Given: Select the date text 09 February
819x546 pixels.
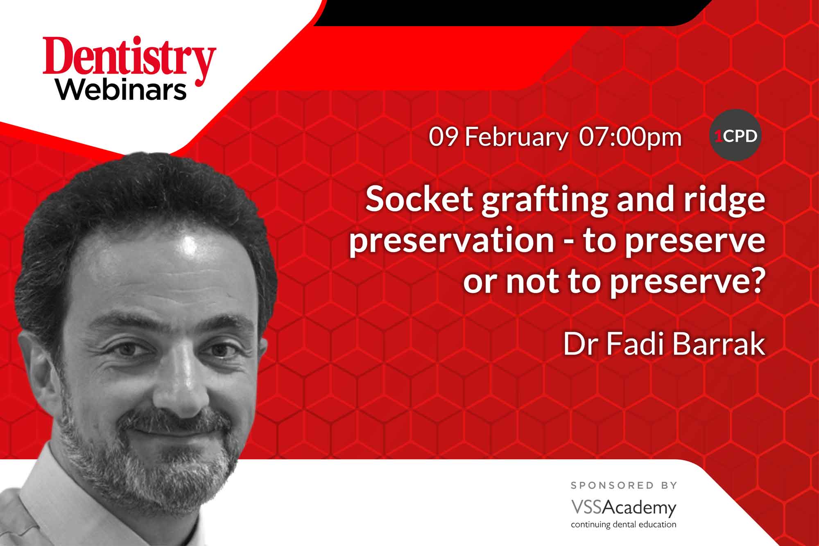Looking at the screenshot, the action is click(x=498, y=137).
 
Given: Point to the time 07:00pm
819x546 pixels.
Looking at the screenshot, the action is click(x=630, y=137).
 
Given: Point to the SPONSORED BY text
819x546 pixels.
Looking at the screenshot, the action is click(x=624, y=485).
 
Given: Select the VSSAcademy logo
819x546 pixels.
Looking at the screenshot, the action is click(x=624, y=508).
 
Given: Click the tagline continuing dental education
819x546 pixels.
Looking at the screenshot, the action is click(x=624, y=524).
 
